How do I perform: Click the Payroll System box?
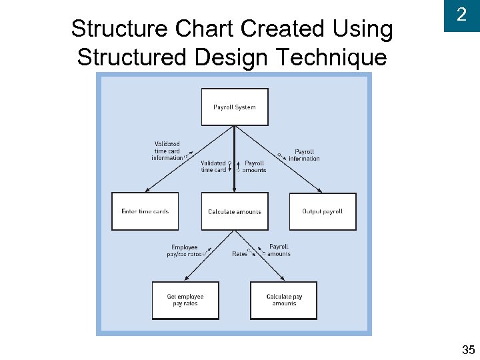coord(235,107)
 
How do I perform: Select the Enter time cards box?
coord(145,211)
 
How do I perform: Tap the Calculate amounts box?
coord(235,211)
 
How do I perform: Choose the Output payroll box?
coord(323,211)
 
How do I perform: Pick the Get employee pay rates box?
coord(185,300)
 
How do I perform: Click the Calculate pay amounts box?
coord(284,300)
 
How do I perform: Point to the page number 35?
coord(468,349)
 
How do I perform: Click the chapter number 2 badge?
coord(461,15)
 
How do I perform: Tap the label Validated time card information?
coord(167,151)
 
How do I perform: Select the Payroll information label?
coord(304,155)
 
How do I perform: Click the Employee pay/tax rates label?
coord(184,251)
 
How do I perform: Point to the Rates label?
coord(239,254)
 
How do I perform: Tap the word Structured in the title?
coord(133,57)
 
